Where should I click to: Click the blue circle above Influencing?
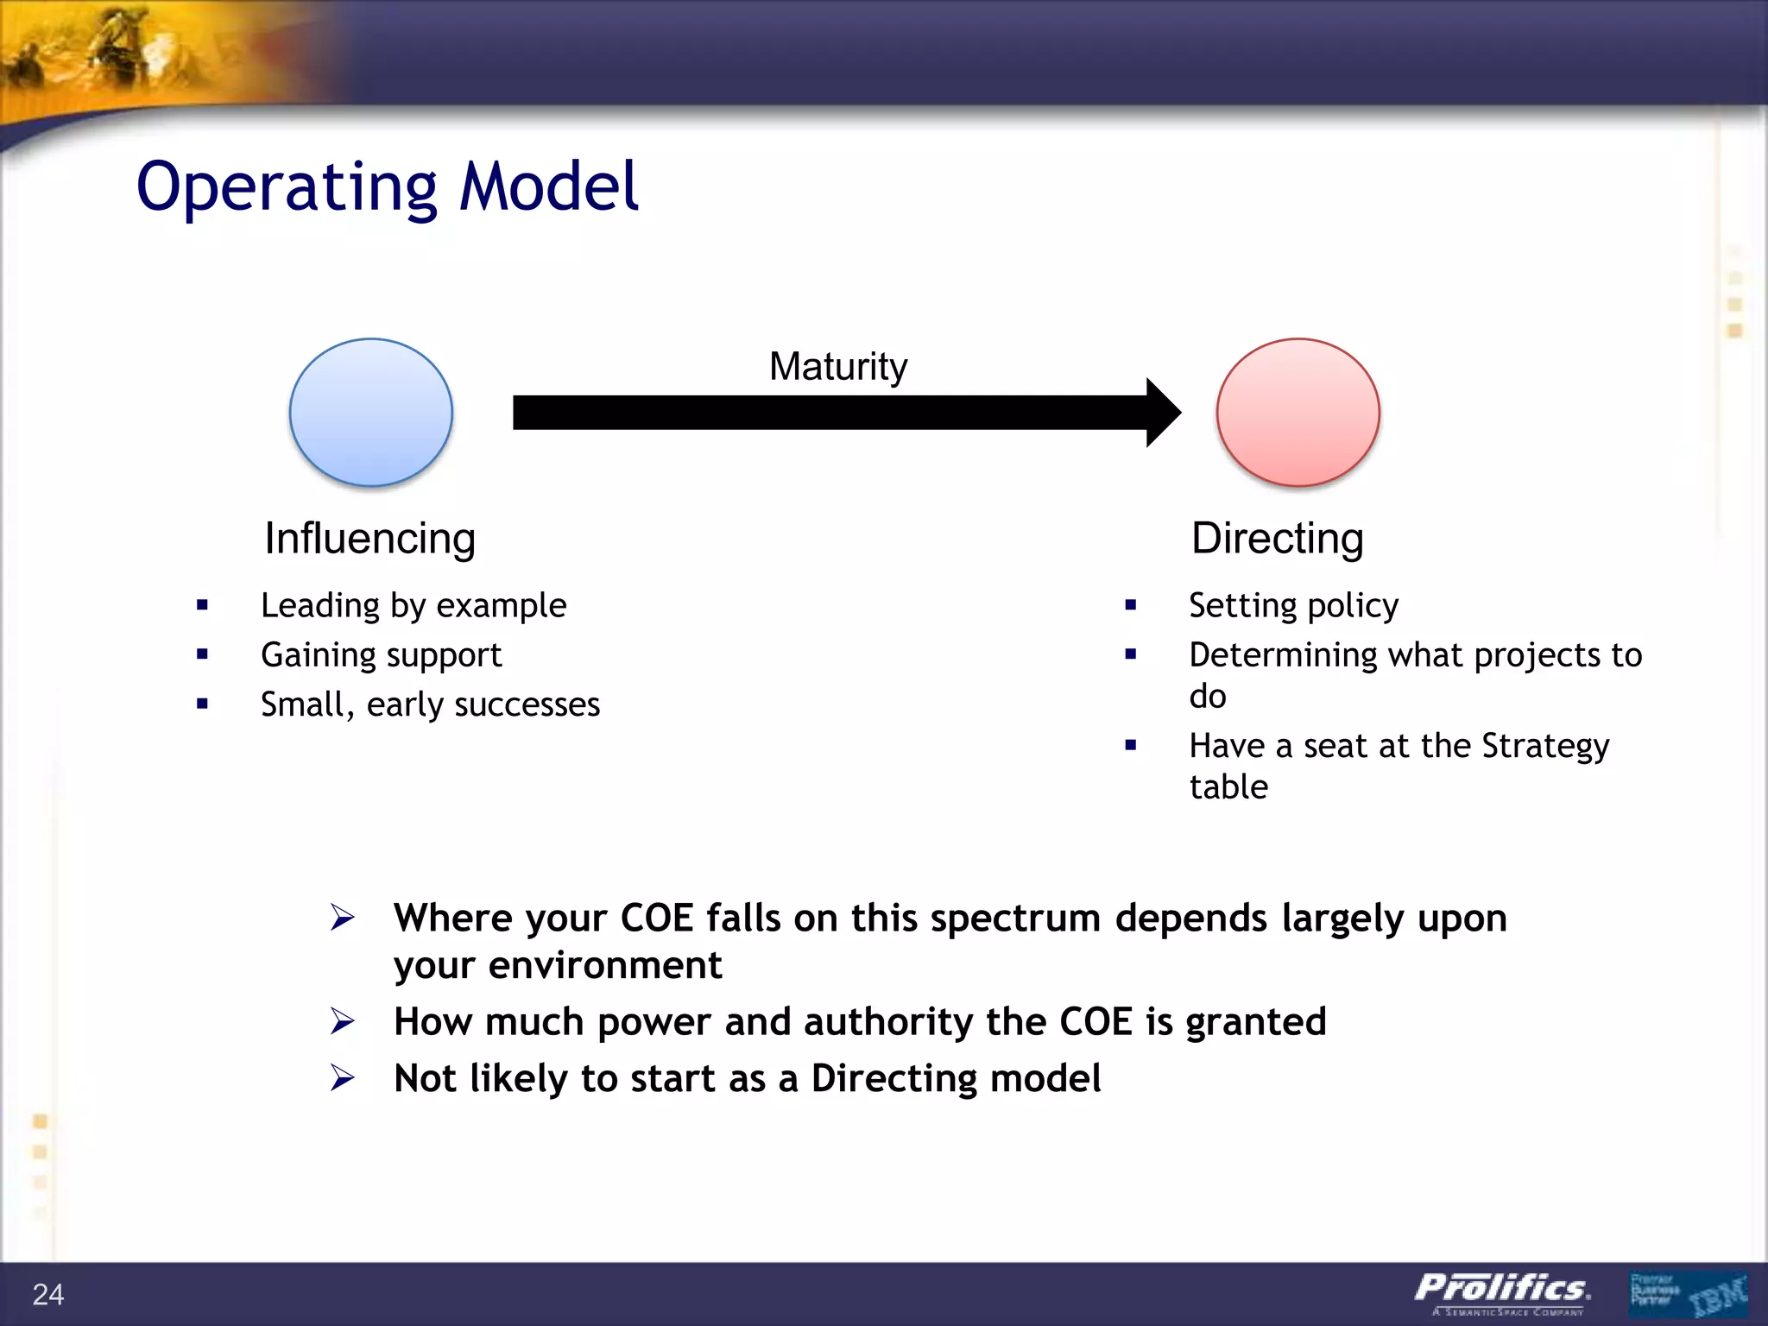tap(371, 413)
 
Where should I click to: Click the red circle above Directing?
tap(1298, 413)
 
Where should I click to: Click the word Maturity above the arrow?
tap(837, 367)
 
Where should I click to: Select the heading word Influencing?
tap(369, 539)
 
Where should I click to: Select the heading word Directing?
tap(1277, 539)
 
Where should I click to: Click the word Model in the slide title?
tap(548, 186)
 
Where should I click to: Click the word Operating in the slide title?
tap(287, 188)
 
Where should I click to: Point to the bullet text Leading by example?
tap(414, 606)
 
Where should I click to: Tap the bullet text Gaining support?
tap(381, 655)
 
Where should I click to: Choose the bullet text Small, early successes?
tap(430, 704)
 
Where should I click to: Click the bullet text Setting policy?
tap(1293, 606)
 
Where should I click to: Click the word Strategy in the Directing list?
tap(1544, 747)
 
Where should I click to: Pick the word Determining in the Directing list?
tap(1283, 655)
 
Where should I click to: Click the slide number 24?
tap(48, 1294)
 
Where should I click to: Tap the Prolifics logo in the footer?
tap(1502, 1290)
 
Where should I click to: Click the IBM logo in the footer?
tap(1718, 1296)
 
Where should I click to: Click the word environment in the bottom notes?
tap(604, 965)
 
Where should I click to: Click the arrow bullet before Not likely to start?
tap(343, 1077)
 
